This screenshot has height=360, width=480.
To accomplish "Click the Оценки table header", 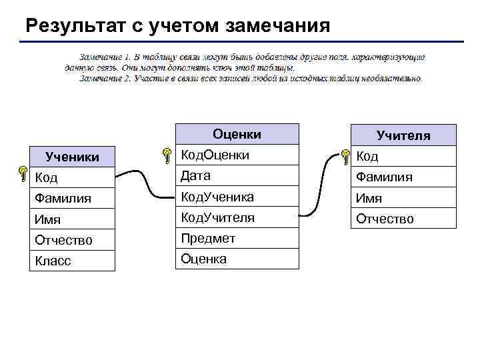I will tap(237, 135).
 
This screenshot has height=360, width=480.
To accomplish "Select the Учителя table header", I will tap(403, 136).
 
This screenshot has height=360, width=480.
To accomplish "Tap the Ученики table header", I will tap(72, 157).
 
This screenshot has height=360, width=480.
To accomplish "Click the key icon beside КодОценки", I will tap(166, 156).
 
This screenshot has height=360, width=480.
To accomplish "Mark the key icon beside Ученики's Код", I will tap(23, 175).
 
